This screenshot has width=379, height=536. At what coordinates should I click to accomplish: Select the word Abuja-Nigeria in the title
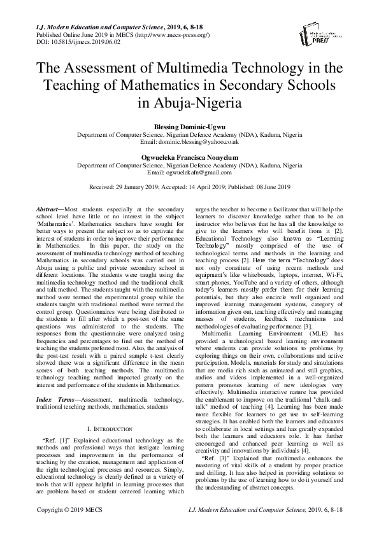pyautogui.click(x=189, y=102)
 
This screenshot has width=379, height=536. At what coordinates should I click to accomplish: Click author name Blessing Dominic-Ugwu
pyautogui.click(x=189, y=128)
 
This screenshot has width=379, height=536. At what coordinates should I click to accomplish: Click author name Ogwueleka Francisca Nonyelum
pyautogui.click(x=189, y=157)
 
